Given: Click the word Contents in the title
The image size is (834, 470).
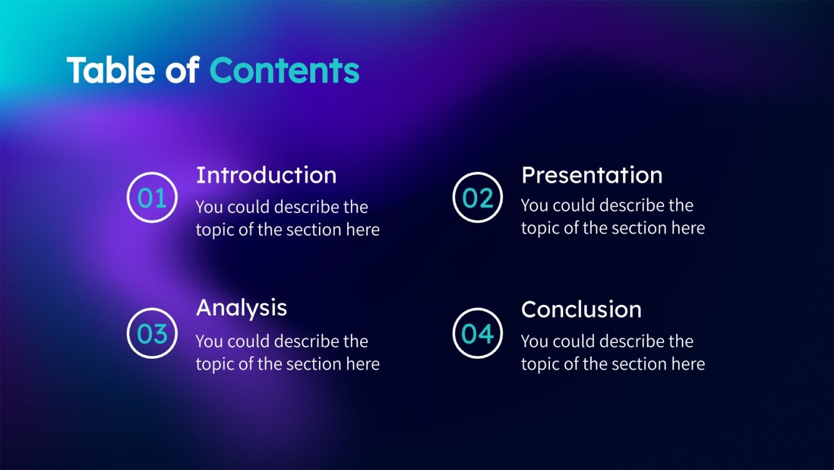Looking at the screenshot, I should [x=284, y=70].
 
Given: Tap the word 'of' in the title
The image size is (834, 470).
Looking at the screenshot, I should [x=182, y=70].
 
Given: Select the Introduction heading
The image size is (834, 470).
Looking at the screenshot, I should [x=266, y=175].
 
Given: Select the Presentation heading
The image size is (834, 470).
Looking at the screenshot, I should [x=591, y=175].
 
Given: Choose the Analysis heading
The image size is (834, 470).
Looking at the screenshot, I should [x=242, y=307].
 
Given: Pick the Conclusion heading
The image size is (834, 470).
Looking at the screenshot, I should [x=581, y=309].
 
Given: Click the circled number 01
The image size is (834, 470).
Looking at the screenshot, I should [x=152, y=198].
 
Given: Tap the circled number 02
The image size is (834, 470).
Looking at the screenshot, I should [x=478, y=198].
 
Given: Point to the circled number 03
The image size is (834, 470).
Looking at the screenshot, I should [x=152, y=333].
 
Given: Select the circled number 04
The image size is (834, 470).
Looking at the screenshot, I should [x=478, y=333].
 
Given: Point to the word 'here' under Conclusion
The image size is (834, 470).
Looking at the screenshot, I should [x=687, y=364].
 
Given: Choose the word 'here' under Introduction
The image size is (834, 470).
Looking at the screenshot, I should [x=362, y=230].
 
